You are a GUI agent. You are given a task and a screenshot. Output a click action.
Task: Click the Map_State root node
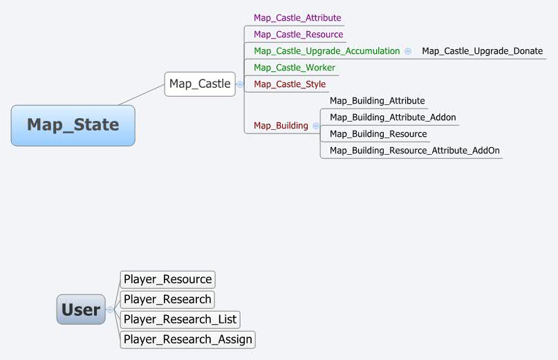point(73,125)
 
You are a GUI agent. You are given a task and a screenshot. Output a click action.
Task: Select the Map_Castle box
point(200,84)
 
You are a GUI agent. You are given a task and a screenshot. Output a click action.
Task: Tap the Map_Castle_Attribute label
point(297,18)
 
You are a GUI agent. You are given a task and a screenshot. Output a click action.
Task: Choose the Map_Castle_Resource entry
point(298,35)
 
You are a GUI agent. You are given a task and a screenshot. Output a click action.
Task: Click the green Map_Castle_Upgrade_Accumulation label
point(326,51)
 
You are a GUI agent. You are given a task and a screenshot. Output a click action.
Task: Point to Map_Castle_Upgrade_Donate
point(482,51)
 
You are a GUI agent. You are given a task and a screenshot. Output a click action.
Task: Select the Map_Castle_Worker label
point(295,68)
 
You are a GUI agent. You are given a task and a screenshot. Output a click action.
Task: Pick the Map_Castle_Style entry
point(290,84)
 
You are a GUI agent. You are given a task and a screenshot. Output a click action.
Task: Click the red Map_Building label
point(281,126)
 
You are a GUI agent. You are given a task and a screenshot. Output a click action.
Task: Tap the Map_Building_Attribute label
point(377,101)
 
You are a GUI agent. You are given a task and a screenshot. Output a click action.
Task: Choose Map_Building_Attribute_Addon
point(393,117)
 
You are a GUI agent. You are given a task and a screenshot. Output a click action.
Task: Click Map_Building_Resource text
point(378,134)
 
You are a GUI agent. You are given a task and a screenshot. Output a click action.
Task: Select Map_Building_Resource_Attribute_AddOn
point(414,151)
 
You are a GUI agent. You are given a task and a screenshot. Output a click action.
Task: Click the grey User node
point(80,310)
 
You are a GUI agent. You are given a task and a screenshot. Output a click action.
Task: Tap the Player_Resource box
point(167,280)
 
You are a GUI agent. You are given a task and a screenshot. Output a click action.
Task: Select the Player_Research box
point(167,300)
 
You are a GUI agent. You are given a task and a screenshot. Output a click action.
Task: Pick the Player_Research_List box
point(180,319)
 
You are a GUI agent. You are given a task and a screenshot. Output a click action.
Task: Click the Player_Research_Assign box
point(187,339)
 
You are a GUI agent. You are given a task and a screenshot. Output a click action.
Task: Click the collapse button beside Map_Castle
point(240,84)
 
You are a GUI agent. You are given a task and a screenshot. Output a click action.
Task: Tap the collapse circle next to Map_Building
point(316,126)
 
